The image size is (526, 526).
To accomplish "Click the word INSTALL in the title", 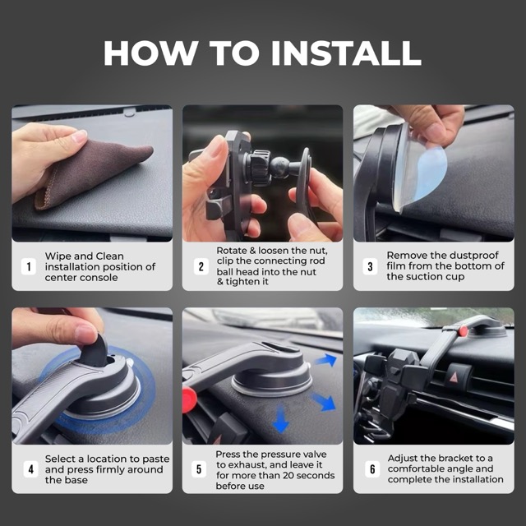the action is point(346,53).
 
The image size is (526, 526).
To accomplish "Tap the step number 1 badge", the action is point(29,266).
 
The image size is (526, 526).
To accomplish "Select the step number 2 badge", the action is point(201,266).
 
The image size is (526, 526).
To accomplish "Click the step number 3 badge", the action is point(370,266).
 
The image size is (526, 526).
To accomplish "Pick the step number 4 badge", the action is point(31,469).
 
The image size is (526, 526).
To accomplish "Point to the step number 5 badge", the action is point(199,469).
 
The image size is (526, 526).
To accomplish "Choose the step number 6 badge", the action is point(372,469).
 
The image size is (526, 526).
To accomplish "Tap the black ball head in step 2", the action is point(279,165).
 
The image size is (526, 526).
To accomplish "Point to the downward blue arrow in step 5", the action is point(280,419).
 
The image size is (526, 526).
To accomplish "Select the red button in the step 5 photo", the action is point(189,399).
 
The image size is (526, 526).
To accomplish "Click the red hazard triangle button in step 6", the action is point(454,378).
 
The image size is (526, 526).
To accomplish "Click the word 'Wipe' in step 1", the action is point(58,256).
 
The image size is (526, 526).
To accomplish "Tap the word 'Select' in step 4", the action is point(60,459).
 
